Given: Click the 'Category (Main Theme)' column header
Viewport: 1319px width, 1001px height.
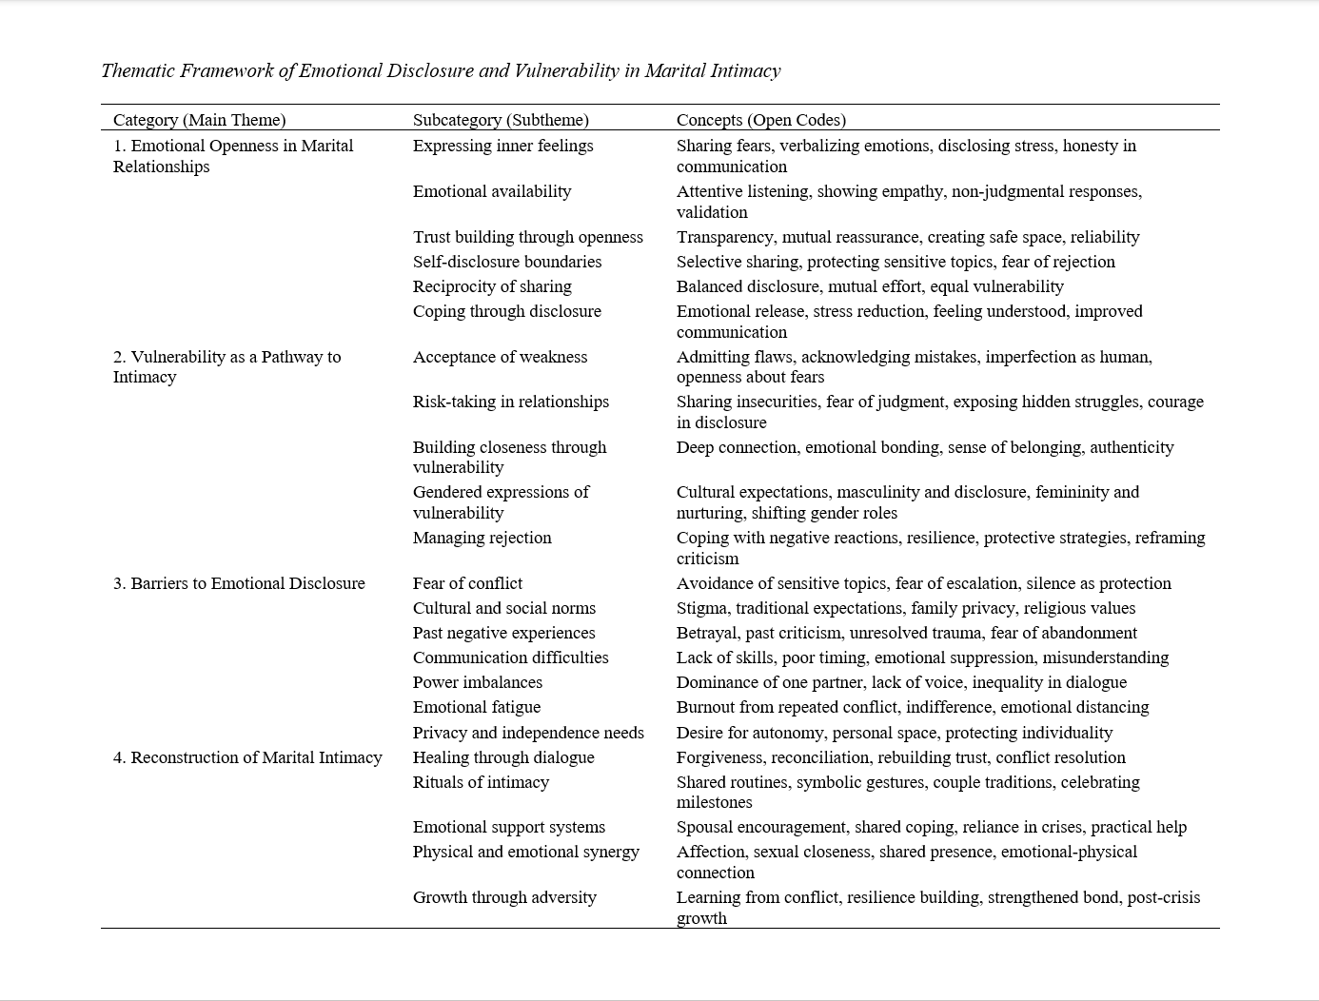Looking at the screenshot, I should [199, 120].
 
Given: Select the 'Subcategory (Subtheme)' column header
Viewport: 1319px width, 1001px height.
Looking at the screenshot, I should [501, 120].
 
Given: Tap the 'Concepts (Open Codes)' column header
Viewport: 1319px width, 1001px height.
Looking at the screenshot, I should [760, 120].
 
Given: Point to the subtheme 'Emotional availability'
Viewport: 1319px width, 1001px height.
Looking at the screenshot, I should [492, 191].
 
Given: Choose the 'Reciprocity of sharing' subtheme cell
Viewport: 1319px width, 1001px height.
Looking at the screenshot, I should [492, 286].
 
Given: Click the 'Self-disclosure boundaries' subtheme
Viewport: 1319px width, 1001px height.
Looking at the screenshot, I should [507, 262].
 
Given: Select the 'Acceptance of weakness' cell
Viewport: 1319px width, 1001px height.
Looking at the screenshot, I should [500, 357].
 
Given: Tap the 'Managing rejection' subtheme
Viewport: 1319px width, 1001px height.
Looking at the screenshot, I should [482, 538].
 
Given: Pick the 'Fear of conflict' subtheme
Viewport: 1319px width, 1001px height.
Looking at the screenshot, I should [467, 583].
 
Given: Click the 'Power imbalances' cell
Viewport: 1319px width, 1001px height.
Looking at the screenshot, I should [477, 682].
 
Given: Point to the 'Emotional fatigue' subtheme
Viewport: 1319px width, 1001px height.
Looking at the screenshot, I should [476, 707].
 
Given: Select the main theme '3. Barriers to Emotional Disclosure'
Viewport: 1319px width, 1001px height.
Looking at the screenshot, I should [239, 583].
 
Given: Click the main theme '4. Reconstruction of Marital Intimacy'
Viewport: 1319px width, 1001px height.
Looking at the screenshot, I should [247, 757].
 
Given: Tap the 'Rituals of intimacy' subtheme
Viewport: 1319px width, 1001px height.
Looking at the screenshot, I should [481, 782].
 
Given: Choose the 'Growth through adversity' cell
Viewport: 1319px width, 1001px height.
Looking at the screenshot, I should [504, 897].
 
